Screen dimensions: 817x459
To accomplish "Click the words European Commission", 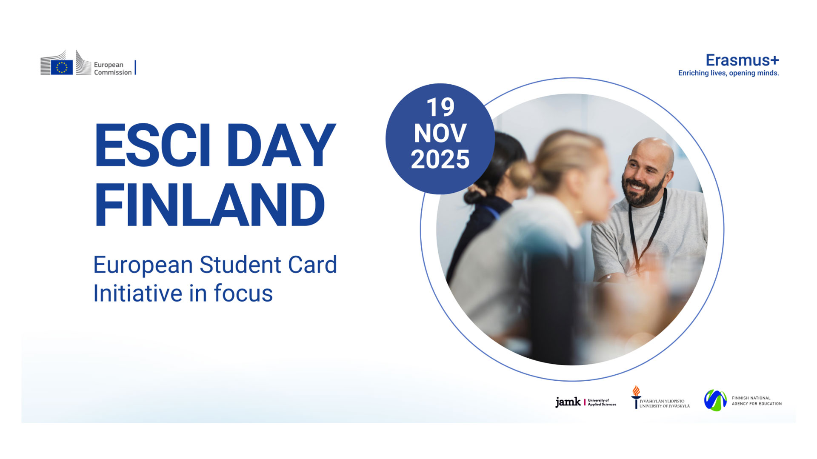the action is [x=113, y=68].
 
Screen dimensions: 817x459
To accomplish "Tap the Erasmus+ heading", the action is [x=742, y=60].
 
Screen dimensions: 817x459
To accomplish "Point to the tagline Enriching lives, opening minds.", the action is [x=728, y=73].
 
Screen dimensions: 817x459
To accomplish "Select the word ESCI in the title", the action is [x=152, y=145].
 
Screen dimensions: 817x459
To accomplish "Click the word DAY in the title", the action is [x=281, y=145].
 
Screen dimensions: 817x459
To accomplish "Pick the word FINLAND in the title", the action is [x=209, y=205].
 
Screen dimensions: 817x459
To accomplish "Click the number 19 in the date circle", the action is [x=440, y=107].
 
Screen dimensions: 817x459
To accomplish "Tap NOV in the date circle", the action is [x=440, y=133].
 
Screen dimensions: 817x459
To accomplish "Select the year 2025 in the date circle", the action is [x=440, y=159].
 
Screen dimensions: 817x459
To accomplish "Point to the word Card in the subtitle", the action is [x=313, y=265].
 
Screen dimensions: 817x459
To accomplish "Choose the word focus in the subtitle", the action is [x=243, y=293].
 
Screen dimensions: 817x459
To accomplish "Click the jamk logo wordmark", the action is [x=568, y=402].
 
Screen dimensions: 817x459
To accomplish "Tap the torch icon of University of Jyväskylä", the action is [x=636, y=397].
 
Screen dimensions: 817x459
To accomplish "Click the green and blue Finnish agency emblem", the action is [x=715, y=400].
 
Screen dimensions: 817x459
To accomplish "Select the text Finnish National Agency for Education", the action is [x=757, y=401].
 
